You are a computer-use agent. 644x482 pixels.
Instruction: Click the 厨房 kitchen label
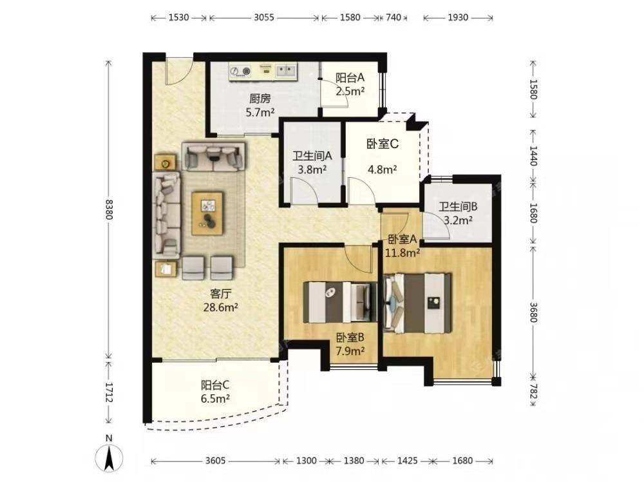tap(260, 99)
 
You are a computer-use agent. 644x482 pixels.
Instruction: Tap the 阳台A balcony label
tap(350, 78)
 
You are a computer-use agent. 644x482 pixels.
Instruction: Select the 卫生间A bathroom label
tap(312, 156)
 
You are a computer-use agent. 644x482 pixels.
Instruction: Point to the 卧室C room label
tap(383, 144)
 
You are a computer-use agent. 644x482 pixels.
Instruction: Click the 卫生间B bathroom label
tap(458, 206)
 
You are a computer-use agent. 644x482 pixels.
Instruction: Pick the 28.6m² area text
tap(221, 307)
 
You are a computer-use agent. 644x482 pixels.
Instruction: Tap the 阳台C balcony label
tap(215, 385)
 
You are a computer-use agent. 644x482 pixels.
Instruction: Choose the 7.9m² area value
tap(350, 351)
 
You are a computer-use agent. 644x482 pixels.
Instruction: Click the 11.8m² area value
tap(402, 253)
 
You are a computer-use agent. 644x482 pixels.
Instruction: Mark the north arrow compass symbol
tap(109, 457)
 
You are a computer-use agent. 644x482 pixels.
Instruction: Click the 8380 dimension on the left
tap(109, 209)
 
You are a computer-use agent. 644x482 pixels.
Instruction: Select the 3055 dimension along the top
tap(263, 17)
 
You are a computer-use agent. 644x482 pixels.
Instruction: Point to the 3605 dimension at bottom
tap(215, 461)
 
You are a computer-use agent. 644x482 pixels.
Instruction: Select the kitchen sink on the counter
tap(285, 71)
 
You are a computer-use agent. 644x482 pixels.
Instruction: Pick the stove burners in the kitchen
tap(240, 72)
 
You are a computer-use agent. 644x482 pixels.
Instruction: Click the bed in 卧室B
tap(341, 302)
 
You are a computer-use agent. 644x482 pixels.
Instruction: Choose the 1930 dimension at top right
tap(458, 17)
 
